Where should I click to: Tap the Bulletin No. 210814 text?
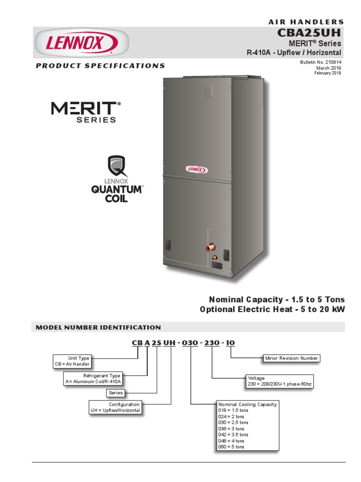coord(321,63)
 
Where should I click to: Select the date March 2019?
coord(328,68)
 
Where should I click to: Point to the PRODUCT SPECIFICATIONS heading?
coord(101,66)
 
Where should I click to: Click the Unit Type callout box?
coord(72,361)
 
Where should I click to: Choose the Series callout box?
coord(116,393)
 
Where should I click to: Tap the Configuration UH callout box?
coord(115,407)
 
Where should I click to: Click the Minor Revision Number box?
coord(291,358)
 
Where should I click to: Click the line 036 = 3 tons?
coord(232,429)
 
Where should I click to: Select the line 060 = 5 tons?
coord(232,447)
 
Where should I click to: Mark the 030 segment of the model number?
coord(191,343)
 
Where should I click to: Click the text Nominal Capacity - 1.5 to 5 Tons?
coord(276,299)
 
